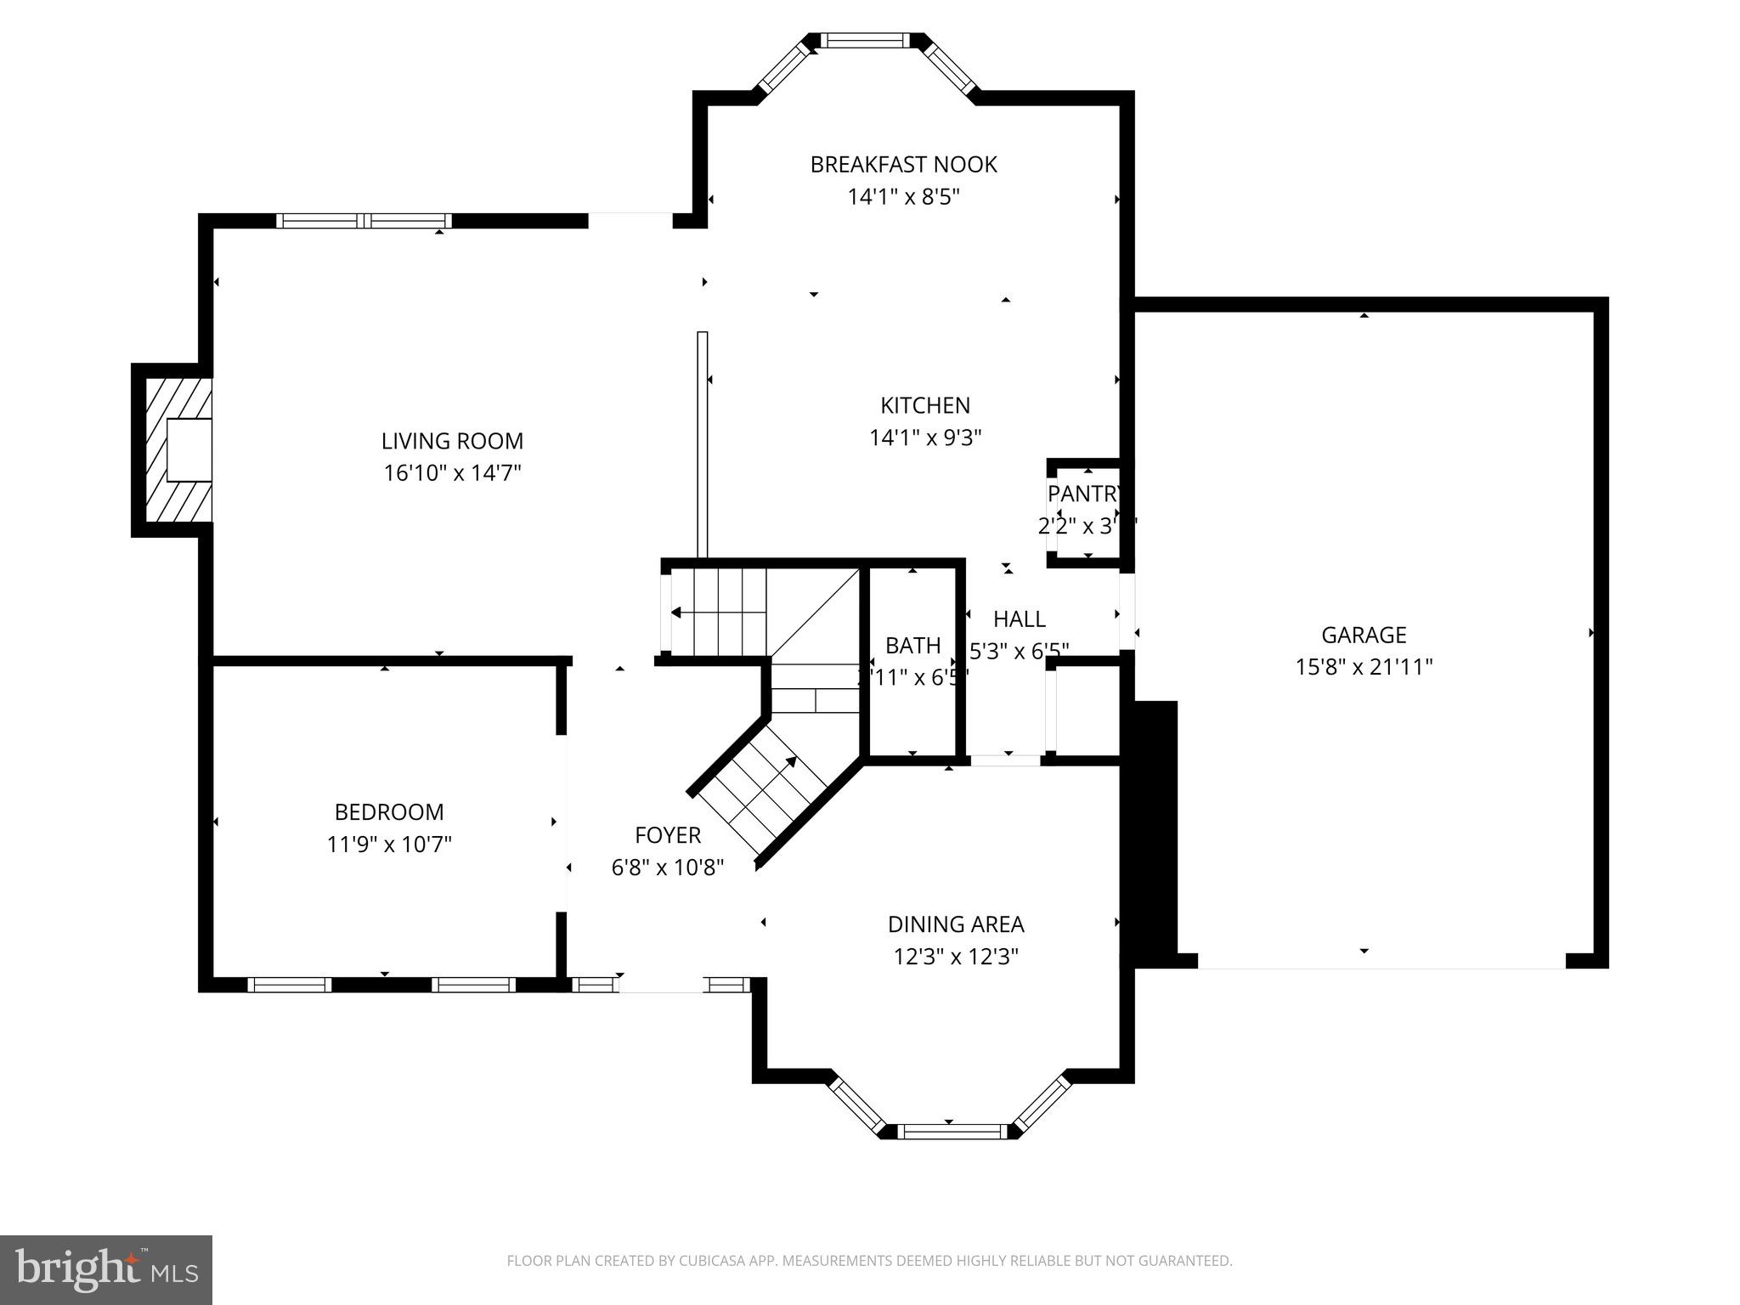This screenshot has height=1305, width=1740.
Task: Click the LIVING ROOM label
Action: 452,441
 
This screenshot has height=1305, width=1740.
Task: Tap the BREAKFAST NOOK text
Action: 903,165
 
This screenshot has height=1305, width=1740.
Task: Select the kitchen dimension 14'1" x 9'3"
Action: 925,438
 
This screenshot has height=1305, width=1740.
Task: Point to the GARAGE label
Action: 1364,635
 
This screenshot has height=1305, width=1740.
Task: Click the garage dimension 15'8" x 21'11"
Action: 1364,668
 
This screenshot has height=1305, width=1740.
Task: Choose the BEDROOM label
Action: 389,812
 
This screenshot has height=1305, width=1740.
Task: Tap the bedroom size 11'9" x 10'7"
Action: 389,845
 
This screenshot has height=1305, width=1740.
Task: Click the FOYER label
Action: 668,835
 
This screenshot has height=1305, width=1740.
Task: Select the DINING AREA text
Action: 956,924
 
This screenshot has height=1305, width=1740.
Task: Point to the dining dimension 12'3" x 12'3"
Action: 956,958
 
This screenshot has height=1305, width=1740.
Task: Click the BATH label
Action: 913,646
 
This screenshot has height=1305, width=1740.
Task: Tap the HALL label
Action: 1019,619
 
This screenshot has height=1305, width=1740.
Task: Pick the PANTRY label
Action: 1084,494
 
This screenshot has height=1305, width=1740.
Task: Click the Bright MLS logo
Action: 106,1269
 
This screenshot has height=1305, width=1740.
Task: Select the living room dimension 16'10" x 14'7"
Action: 452,473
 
